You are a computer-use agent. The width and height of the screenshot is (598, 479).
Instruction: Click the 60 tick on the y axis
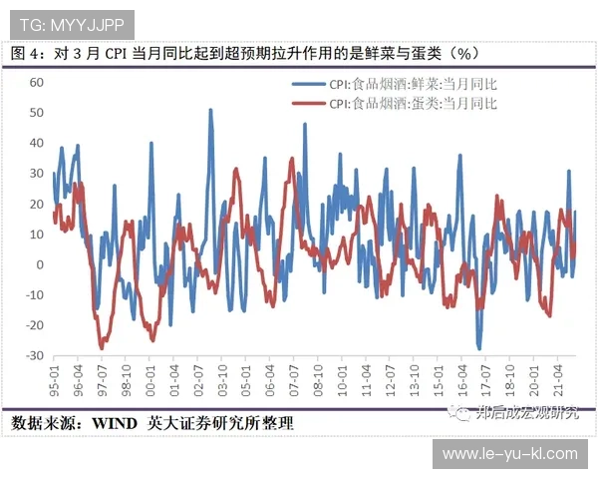click(x=36, y=82)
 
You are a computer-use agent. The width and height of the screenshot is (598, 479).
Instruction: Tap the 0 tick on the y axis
click(x=39, y=264)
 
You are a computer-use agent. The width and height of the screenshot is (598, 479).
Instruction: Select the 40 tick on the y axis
click(x=36, y=143)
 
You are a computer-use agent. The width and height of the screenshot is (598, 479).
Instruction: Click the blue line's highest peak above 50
click(x=210, y=110)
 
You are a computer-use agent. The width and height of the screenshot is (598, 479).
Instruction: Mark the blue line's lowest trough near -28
click(x=479, y=348)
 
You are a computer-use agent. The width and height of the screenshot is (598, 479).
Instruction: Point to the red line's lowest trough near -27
click(x=102, y=346)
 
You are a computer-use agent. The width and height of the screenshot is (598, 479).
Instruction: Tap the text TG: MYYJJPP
click(x=69, y=19)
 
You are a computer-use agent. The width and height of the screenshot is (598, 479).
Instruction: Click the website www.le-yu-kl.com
click(x=509, y=454)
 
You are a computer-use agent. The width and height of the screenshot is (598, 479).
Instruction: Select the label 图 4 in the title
click(x=25, y=52)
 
